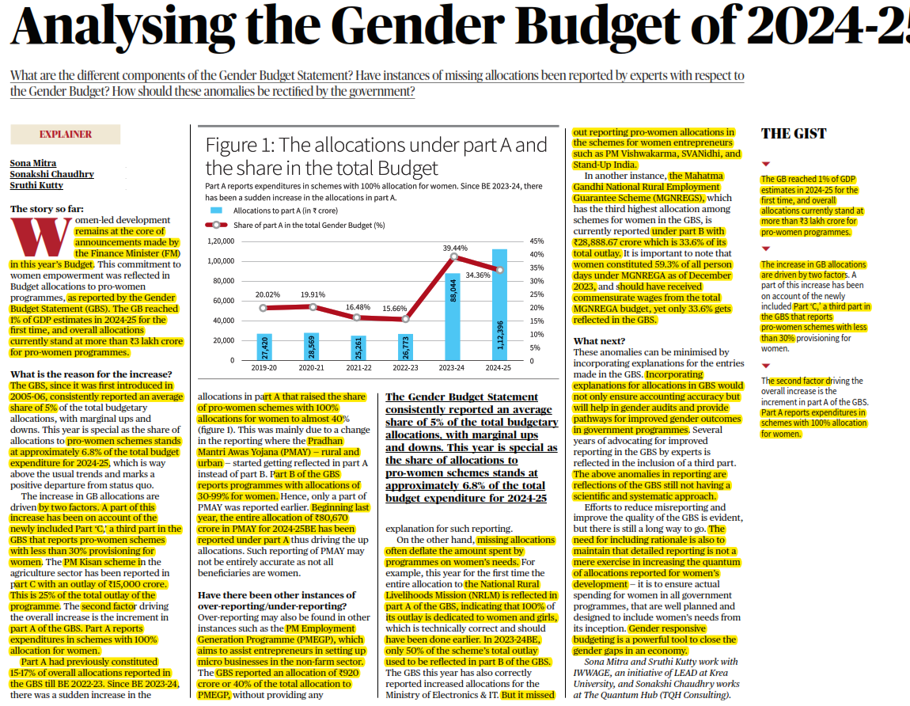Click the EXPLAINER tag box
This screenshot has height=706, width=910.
(65, 135)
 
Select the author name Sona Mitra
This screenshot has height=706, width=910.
(32, 163)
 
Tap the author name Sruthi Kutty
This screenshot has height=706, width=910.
(36, 185)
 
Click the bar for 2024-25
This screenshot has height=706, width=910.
(499, 305)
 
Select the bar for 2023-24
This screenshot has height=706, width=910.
(453, 317)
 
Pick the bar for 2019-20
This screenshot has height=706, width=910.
(264, 347)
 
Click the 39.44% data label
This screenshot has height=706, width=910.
(454, 248)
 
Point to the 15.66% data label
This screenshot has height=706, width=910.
(405, 308)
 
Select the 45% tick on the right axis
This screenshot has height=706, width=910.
(536, 241)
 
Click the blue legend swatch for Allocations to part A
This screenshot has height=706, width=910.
(217, 211)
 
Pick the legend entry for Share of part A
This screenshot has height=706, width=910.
(309, 225)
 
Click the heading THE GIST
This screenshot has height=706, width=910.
(794, 134)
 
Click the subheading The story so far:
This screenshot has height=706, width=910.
(47, 209)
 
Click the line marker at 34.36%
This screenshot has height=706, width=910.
(499, 270)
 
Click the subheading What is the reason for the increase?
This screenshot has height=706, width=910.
(91, 374)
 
